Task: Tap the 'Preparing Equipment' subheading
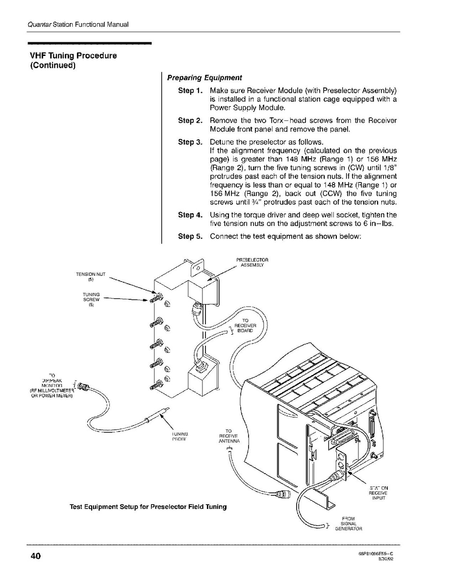204,78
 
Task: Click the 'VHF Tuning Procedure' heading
74,55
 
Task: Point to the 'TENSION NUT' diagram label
90,276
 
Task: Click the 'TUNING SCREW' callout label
91,299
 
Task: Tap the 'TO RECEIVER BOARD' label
245,325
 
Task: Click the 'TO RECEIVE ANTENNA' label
228,436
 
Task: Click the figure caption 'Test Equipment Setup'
148,507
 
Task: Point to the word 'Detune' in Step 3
221,142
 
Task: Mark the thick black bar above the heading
89,44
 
